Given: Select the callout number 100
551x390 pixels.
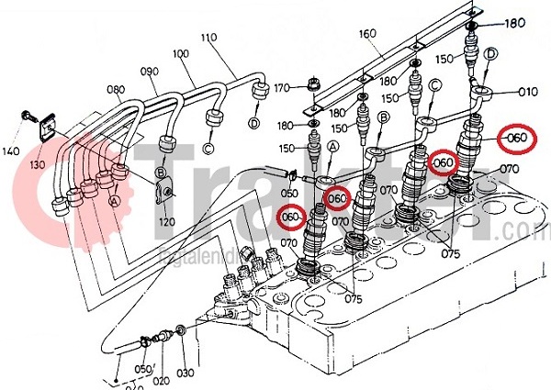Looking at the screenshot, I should [181, 53].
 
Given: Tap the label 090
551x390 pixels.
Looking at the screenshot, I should [148, 70].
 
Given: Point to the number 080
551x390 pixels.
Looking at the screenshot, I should [115, 89].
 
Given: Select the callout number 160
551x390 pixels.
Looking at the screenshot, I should [368, 34].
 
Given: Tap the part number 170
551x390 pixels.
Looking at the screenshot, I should [281, 88].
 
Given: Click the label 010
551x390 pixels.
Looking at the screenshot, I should [527, 92].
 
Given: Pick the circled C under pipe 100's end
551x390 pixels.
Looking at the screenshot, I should [208, 148].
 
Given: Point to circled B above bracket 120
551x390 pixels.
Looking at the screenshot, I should [161, 172].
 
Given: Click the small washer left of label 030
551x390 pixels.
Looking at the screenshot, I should [181, 329].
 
